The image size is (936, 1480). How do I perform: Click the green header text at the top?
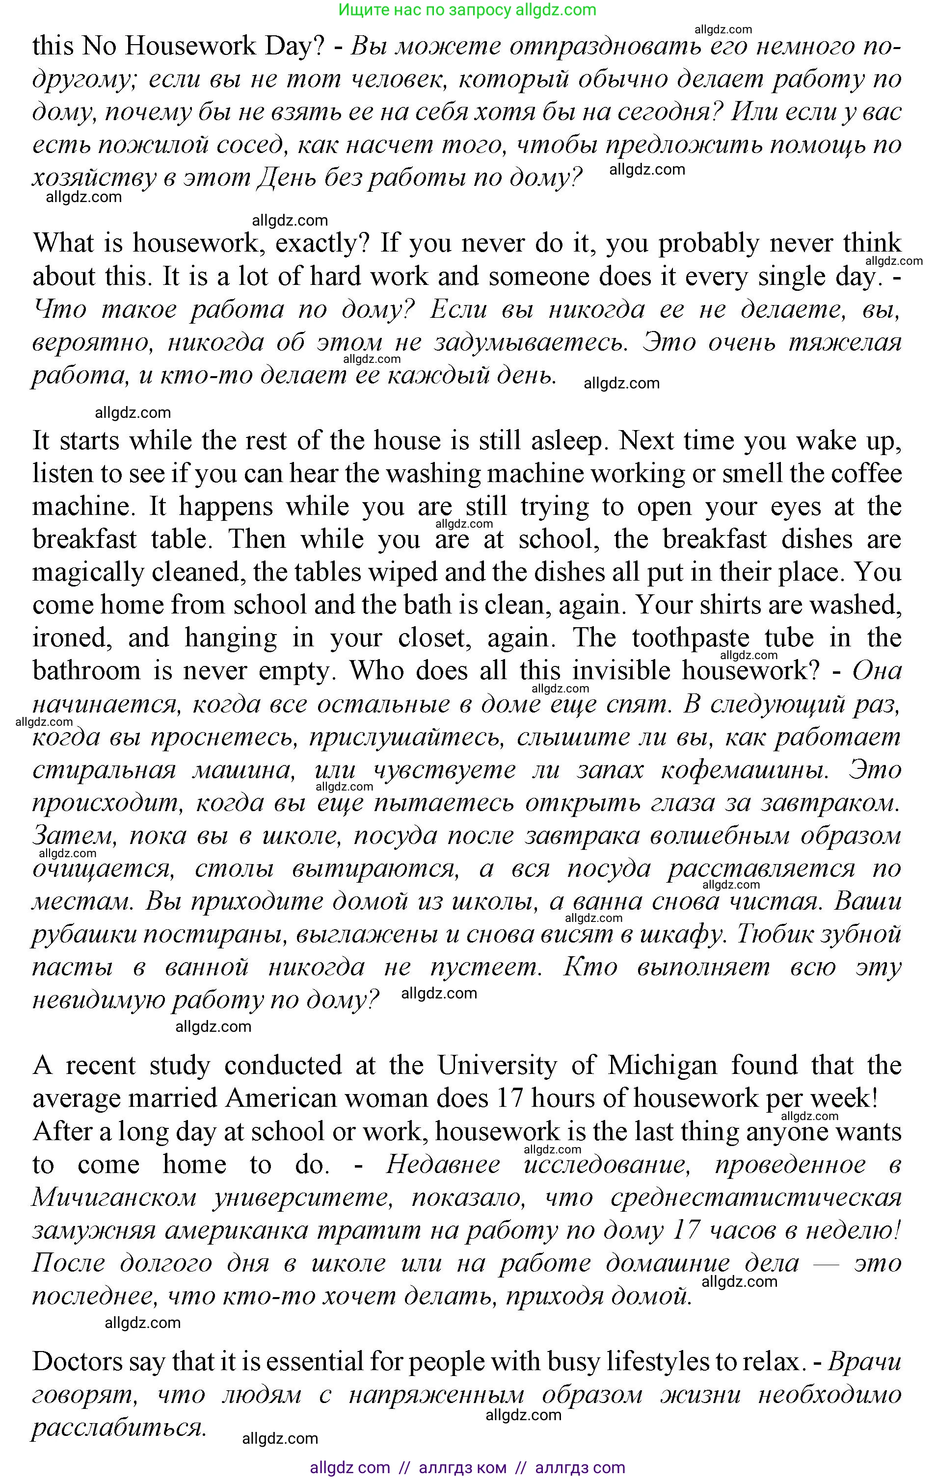point(467,10)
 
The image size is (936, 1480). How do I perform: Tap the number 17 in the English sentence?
point(509,1098)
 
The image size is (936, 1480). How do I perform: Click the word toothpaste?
point(691,638)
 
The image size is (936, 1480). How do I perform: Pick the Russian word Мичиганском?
point(114,1197)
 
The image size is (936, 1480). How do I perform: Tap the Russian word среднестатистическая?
point(756,1197)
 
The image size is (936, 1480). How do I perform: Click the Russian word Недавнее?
point(443,1164)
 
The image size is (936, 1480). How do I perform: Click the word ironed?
point(71,638)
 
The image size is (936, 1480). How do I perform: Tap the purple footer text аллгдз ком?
point(462,1468)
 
